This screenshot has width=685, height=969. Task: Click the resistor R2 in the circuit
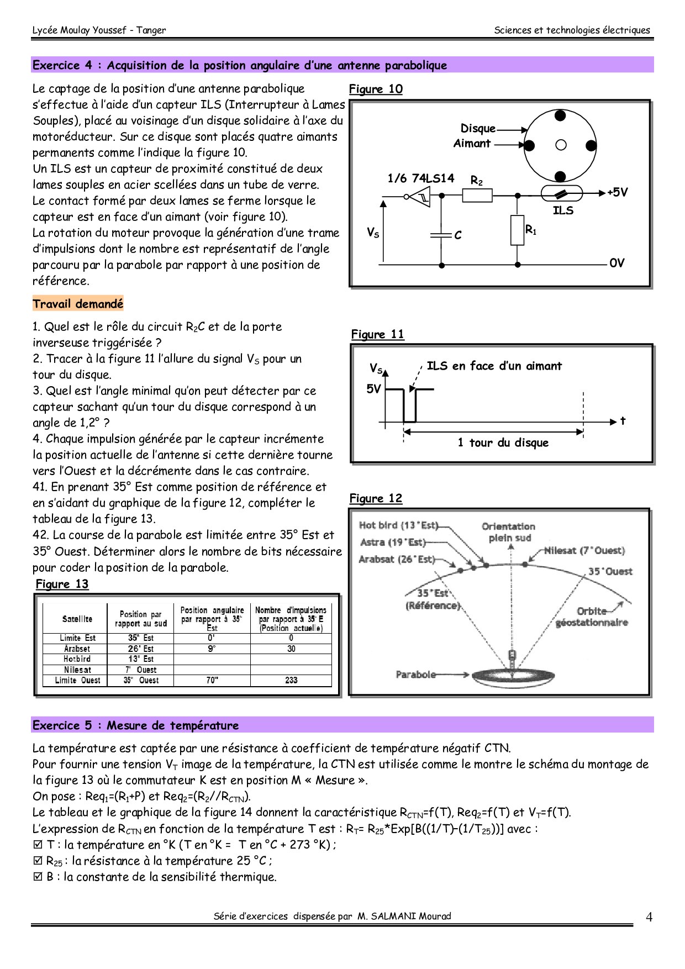(477, 195)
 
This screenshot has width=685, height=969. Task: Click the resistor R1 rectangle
(517, 230)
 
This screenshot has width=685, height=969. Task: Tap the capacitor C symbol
(441, 235)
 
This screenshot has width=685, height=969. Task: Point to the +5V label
(618, 192)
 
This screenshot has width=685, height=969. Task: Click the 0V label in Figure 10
(617, 263)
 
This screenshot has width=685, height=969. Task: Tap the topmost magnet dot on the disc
(560, 115)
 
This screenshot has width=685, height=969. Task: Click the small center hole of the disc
(561, 145)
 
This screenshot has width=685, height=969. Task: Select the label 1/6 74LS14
(420, 178)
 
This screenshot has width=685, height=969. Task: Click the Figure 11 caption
(378, 334)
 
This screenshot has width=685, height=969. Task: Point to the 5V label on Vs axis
(374, 389)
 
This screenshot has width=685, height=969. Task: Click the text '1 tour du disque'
(503, 443)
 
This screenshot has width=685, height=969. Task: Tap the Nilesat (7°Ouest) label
(584, 551)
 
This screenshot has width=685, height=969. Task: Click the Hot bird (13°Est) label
(398, 525)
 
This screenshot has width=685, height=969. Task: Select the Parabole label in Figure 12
(415, 675)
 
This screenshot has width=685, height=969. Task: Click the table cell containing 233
(291, 681)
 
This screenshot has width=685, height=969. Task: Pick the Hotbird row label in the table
(77, 659)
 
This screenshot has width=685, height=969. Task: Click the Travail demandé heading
(78, 304)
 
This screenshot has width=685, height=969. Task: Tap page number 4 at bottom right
(649, 918)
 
